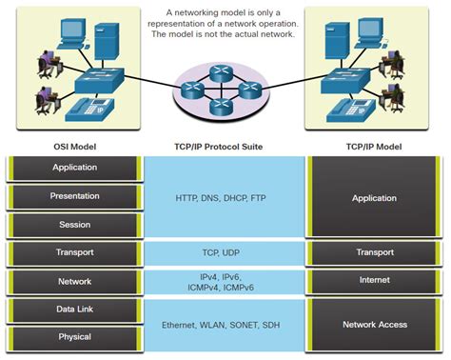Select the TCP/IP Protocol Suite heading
click(225, 147)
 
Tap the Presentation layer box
click(74, 196)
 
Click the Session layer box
click(74, 225)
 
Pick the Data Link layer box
click(74, 310)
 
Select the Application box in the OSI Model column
click(74, 168)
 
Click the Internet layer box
click(375, 282)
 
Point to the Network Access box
click(375, 325)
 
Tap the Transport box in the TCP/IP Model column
click(375, 253)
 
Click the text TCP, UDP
click(225, 253)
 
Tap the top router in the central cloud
click(225, 73)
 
